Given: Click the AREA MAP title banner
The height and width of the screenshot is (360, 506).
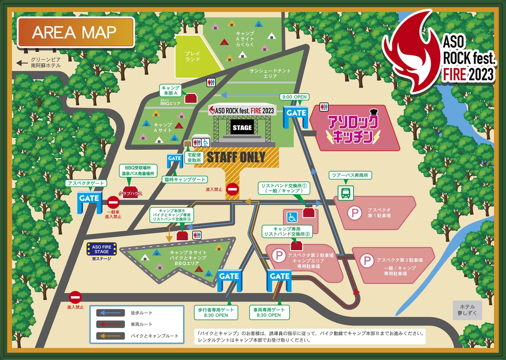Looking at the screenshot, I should click(76, 32).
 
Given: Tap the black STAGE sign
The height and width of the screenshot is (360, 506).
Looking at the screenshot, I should click(242, 128).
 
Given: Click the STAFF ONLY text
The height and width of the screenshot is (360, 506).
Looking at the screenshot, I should click(236, 158).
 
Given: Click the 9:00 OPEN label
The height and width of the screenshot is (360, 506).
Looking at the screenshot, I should click(294, 97).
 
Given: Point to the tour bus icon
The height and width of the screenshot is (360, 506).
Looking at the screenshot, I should click(346, 193).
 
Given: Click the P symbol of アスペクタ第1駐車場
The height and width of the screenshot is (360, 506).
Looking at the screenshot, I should click(355, 213).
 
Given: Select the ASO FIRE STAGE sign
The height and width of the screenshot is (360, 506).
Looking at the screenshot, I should click(102, 249).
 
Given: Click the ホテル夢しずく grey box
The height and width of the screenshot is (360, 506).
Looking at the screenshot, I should click(467, 310).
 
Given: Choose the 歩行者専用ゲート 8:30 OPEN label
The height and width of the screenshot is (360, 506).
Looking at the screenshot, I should click(216, 312).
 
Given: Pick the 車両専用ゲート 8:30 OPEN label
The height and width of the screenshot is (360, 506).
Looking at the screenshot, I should click(269, 312).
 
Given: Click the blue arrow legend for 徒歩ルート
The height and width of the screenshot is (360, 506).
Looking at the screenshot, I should click(110, 313).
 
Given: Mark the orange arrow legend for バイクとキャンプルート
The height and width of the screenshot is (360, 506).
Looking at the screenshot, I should click(110, 336).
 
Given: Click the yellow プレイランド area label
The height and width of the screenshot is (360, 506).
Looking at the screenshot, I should click(192, 56).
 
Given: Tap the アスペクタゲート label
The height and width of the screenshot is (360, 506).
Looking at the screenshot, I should click(86, 183).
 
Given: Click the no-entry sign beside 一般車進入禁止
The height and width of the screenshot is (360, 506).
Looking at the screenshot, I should click(113, 202).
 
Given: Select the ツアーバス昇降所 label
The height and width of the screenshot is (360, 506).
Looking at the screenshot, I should click(350, 175).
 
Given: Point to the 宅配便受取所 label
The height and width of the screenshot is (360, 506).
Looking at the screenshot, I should click(194, 158).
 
